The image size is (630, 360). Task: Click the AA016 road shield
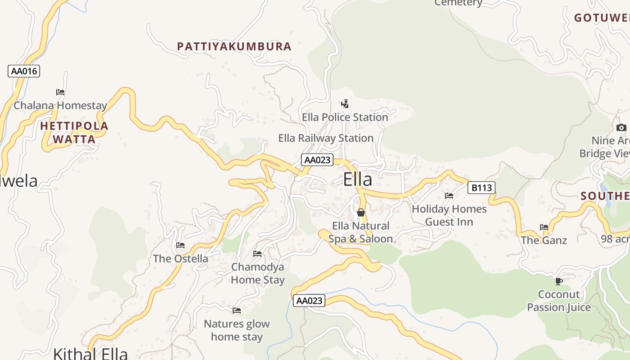(24, 71)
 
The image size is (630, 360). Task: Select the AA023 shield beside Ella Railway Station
(317, 160)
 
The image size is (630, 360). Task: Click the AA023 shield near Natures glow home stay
(309, 301)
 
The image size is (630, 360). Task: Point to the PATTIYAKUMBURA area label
(234, 46)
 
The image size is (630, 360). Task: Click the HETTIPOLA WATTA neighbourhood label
(74, 132)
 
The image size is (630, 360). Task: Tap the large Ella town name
(358, 180)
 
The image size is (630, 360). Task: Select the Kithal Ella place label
(90, 353)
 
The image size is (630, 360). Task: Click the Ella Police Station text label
(345, 117)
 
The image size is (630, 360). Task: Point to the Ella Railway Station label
(326, 138)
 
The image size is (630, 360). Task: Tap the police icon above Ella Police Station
(345, 104)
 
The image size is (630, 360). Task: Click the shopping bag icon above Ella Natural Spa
(360, 212)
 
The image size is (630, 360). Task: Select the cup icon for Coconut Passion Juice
(559, 281)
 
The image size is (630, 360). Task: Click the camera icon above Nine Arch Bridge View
(621, 127)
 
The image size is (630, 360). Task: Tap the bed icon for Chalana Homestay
(60, 92)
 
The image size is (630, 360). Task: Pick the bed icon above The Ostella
(180, 245)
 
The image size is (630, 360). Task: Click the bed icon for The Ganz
(544, 227)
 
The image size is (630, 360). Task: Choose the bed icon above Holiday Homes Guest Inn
(449, 196)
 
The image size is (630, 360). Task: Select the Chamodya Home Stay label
(258, 273)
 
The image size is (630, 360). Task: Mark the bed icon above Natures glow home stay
(237, 310)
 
